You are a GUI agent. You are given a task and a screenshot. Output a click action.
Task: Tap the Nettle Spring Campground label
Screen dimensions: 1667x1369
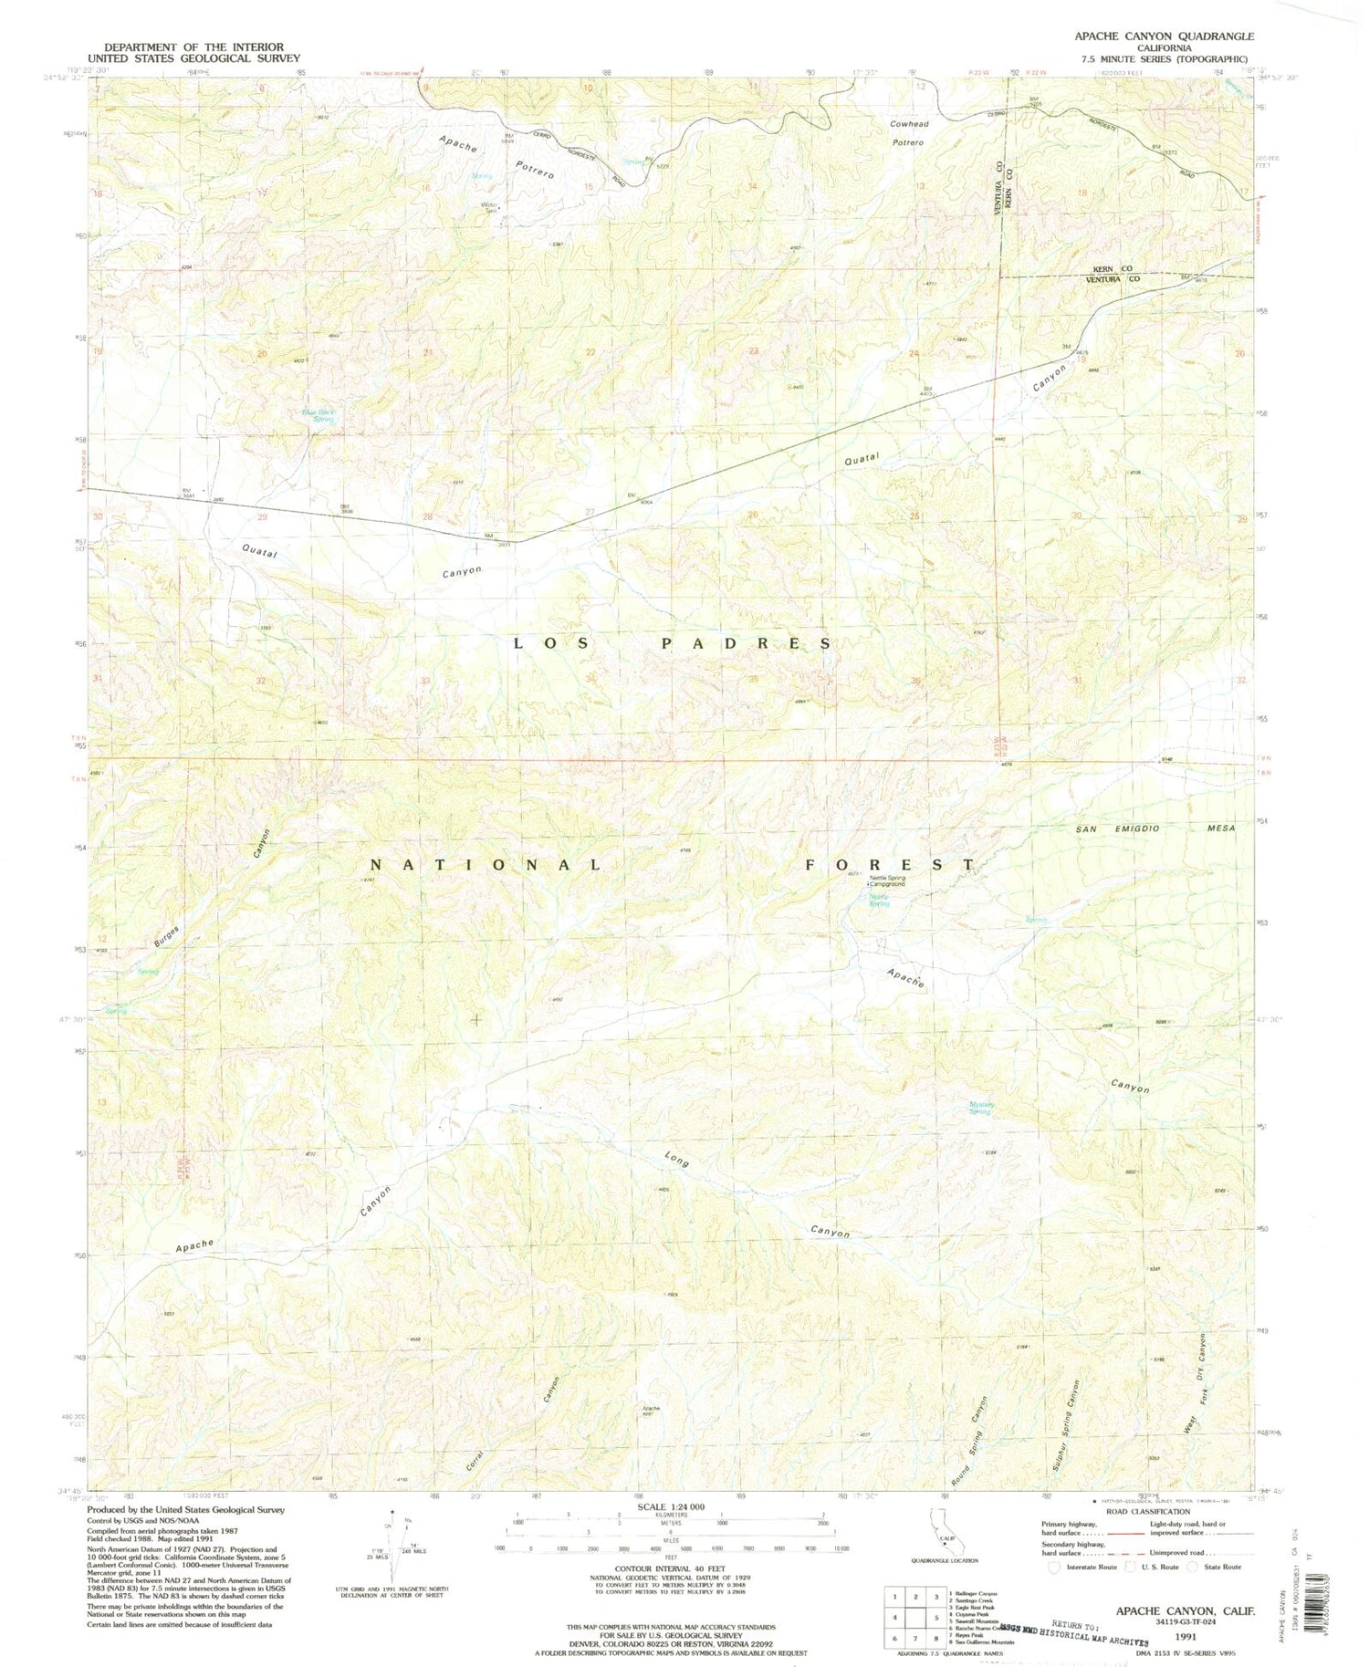(887, 880)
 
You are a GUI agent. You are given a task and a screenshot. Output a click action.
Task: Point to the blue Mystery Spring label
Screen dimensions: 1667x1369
(980, 1109)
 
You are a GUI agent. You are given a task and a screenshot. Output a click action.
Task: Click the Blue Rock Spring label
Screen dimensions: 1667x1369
(319, 415)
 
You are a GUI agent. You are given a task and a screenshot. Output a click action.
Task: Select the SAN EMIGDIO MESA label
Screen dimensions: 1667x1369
(1155, 828)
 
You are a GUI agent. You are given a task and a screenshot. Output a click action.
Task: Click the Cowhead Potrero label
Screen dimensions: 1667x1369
(908, 133)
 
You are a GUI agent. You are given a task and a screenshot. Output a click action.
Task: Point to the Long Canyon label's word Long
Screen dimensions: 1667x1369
(676, 1161)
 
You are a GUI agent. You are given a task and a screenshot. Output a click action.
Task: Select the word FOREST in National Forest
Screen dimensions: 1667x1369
(890, 863)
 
